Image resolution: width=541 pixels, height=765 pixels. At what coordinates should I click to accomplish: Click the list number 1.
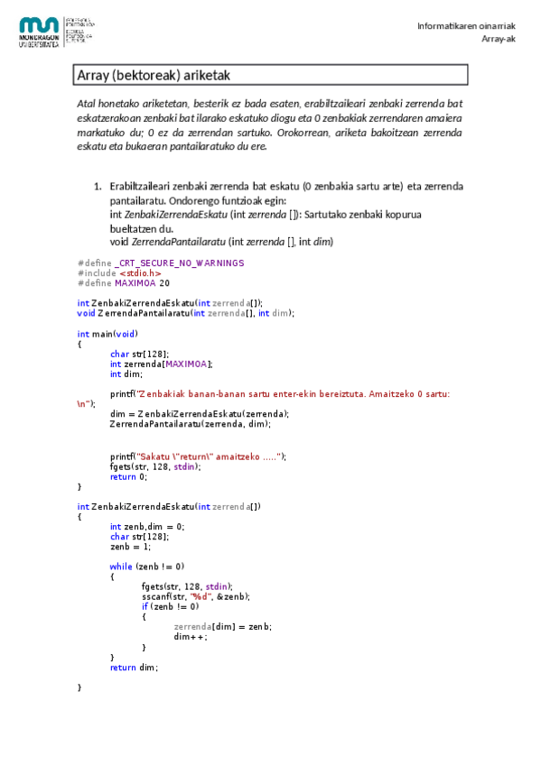tap(97, 186)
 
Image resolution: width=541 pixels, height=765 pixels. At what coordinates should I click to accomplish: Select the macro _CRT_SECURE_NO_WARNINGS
tap(180, 263)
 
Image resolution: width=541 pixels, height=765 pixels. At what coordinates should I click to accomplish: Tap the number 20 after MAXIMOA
tap(164, 282)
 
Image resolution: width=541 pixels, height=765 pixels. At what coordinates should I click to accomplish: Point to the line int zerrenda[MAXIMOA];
tap(161, 364)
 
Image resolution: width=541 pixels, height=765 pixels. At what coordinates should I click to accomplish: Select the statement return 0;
tap(128, 476)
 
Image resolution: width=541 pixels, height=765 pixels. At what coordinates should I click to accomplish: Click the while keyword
tap(121, 567)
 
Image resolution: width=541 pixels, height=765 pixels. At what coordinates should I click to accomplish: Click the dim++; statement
tap(190, 636)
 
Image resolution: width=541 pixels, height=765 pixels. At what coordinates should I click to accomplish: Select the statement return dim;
tap(134, 668)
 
